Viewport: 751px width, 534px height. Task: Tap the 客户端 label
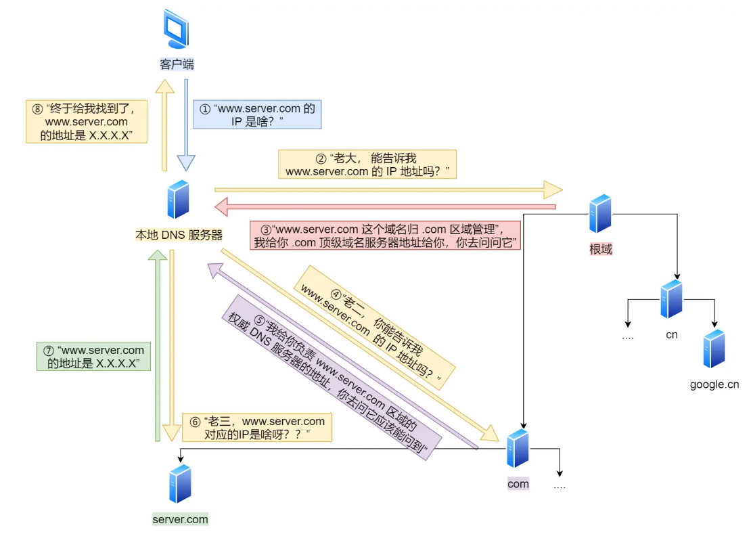(x=177, y=64)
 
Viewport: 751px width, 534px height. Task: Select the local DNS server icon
(x=178, y=200)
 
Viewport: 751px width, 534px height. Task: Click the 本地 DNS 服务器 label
(x=179, y=235)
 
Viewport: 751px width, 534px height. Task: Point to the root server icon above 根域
(x=600, y=214)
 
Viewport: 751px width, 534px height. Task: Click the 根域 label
(x=600, y=249)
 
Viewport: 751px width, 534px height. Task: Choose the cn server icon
(x=671, y=298)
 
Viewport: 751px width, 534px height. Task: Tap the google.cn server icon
(x=714, y=349)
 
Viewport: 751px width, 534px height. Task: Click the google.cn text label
(x=714, y=384)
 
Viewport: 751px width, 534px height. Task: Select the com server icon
(x=518, y=448)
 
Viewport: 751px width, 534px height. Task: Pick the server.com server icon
(x=180, y=484)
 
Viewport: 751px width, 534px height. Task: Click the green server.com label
(x=180, y=519)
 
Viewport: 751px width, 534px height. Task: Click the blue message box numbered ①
(x=257, y=114)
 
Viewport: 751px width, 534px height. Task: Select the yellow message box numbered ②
(x=367, y=164)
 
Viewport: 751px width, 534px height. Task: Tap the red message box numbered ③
(x=386, y=235)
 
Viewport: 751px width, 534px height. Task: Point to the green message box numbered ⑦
(x=94, y=357)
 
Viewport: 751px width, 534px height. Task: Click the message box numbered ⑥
(x=258, y=428)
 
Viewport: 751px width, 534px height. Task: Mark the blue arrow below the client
(x=186, y=125)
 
